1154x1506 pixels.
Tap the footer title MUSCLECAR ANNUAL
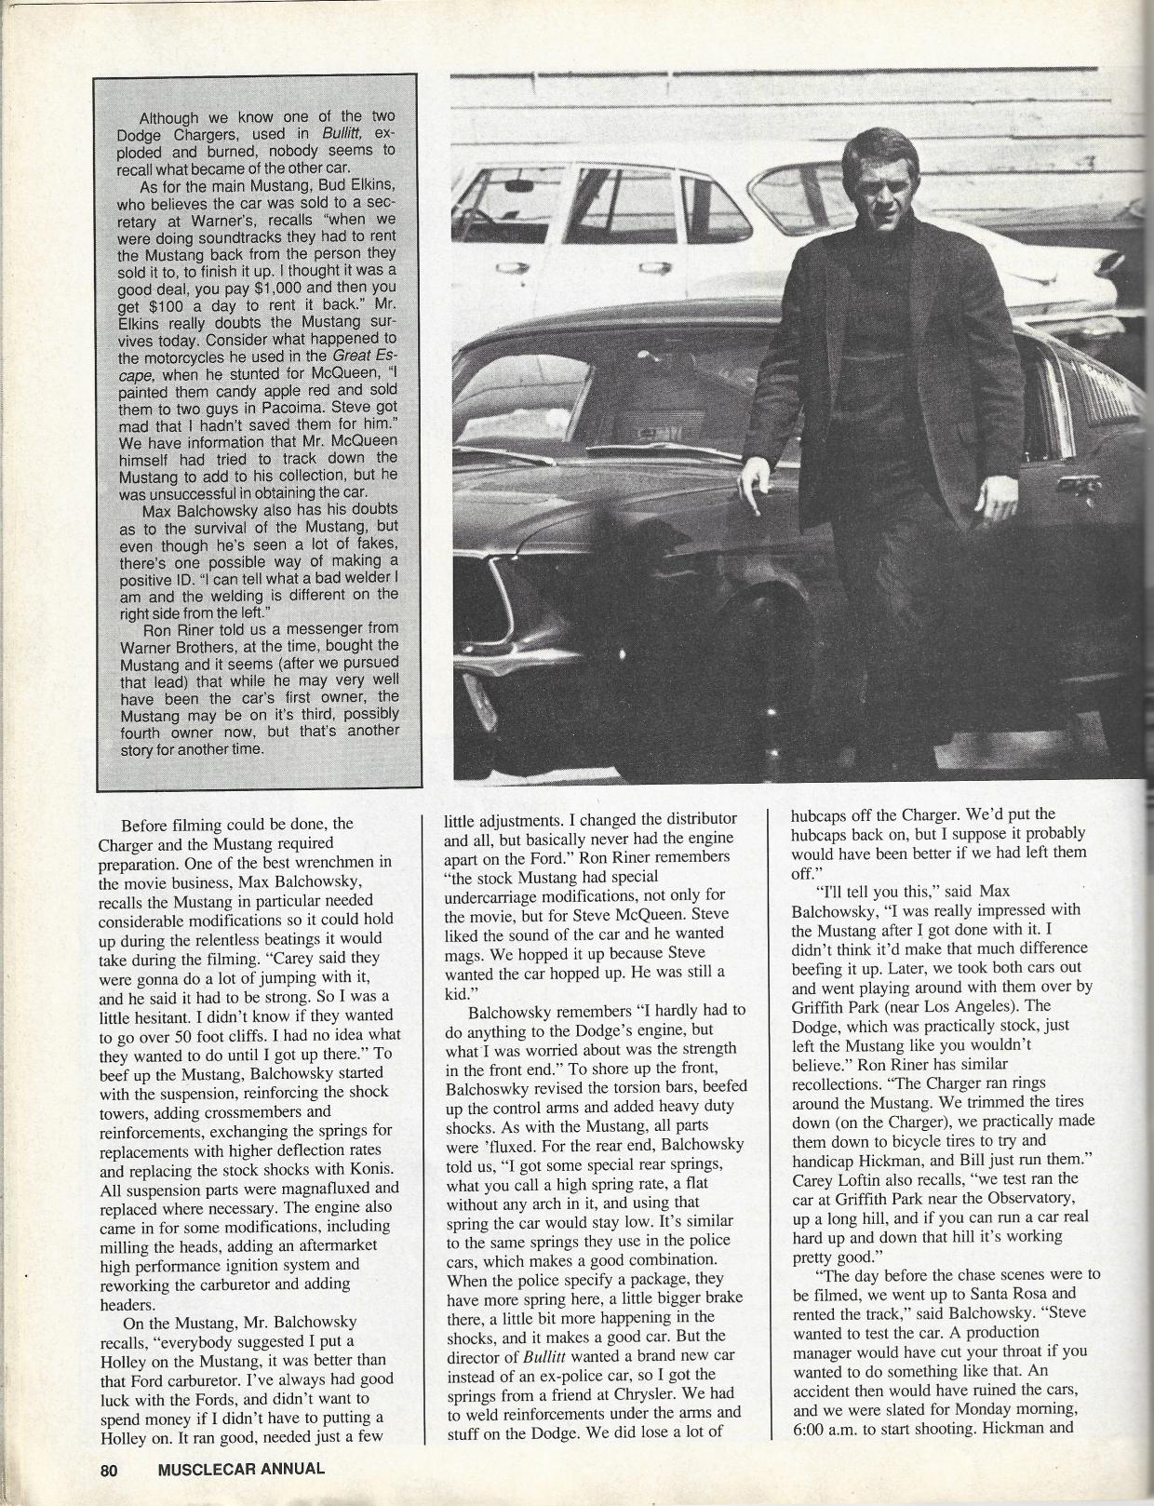242,1470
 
